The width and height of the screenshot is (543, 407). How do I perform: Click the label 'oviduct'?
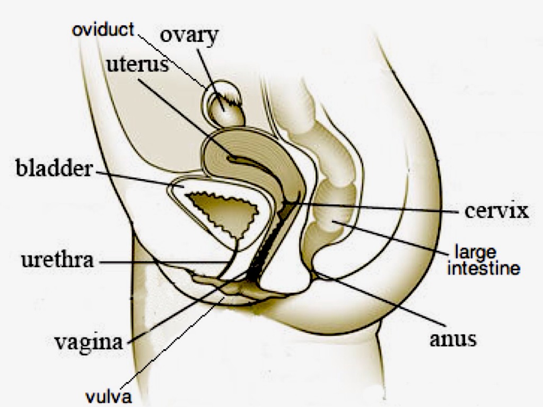click(x=103, y=30)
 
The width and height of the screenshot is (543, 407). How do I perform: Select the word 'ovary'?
click(x=189, y=36)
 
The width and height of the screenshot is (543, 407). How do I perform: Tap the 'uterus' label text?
click(x=137, y=64)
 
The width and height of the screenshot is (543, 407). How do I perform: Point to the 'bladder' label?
click(x=55, y=169)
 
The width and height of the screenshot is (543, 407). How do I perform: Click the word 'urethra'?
click(x=57, y=260)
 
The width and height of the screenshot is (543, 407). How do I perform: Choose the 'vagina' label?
click(x=89, y=342)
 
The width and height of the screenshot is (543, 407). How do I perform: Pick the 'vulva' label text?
click(x=108, y=396)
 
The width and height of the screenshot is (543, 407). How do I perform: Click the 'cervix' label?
click(x=496, y=211)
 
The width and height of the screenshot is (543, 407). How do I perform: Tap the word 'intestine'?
click(x=484, y=268)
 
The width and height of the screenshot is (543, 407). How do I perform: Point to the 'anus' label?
click(x=453, y=339)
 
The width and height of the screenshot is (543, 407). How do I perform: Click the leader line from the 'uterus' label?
click(x=186, y=119)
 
